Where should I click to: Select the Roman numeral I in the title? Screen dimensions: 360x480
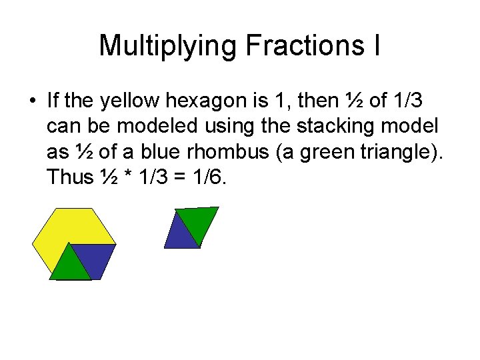[x=377, y=46]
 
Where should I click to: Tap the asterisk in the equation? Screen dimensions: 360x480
[x=125, y=178]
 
